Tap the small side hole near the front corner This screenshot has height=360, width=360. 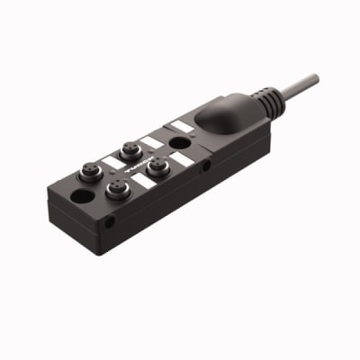[111, 220]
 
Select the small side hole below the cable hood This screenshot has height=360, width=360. [207, 166]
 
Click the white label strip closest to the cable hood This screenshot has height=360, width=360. [183, 125]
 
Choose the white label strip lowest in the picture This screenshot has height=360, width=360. [143, 181]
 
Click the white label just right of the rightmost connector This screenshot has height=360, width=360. [182, 159]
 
